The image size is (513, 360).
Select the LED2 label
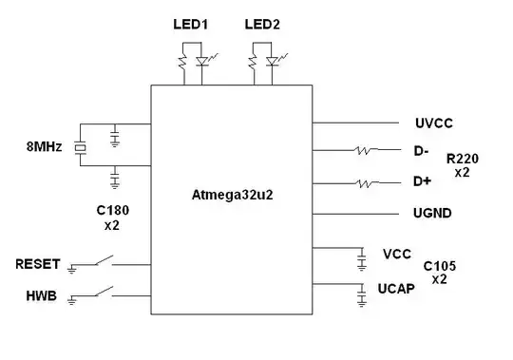(262, 24)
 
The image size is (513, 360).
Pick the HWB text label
(42, 296)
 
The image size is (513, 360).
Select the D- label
(421, 150)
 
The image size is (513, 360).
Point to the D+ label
(422, 180)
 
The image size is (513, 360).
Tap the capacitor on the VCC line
(361, 258)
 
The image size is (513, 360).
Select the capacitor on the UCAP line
(361, 296)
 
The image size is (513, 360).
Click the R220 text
(463, 159)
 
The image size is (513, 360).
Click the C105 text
(440, 266)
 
